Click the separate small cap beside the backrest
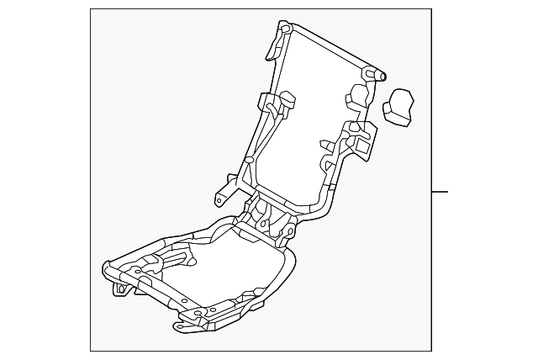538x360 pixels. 400,108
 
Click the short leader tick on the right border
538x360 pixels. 440,192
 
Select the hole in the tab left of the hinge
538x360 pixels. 218,199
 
